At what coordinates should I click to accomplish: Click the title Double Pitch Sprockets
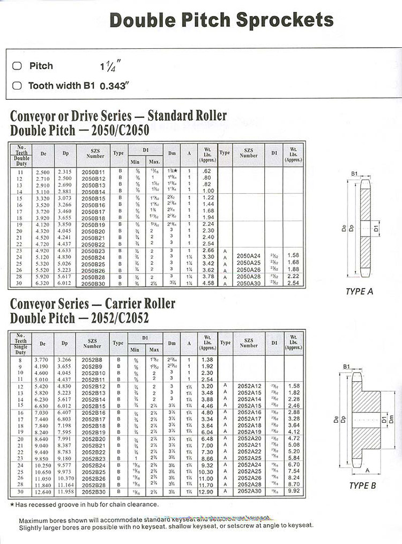point(221,20)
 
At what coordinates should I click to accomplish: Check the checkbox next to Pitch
point(17,66)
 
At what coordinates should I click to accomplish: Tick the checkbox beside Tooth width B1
point(17,85)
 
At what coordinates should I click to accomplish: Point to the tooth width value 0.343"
point(115,85)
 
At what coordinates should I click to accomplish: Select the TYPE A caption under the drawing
point(360,292)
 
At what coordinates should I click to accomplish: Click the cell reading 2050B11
point(93,171)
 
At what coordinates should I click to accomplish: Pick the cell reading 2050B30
point(93,283)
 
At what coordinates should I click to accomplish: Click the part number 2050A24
point(248,256)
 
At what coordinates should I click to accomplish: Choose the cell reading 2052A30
point(248,491)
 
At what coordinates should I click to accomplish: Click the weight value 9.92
point(293,491)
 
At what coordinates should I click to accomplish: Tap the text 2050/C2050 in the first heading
point(115,130)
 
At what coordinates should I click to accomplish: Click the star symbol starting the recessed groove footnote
point(12,504)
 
